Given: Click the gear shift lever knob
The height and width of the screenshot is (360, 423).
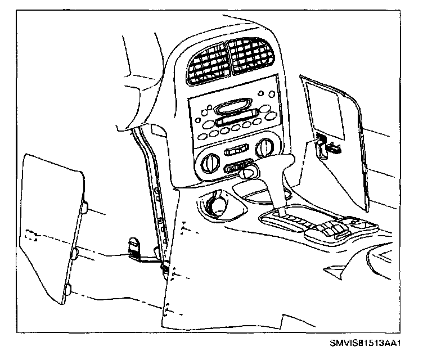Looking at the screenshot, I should (x=246, y=172).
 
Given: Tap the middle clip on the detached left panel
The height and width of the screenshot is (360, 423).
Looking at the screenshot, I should (x=74, y=251).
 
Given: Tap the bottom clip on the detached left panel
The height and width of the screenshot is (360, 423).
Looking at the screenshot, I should (x=66, y=290).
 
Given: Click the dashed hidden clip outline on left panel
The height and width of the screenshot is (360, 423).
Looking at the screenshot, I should (x=31, y=235).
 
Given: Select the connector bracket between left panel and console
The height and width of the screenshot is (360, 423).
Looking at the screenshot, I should (x=135, y=247).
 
